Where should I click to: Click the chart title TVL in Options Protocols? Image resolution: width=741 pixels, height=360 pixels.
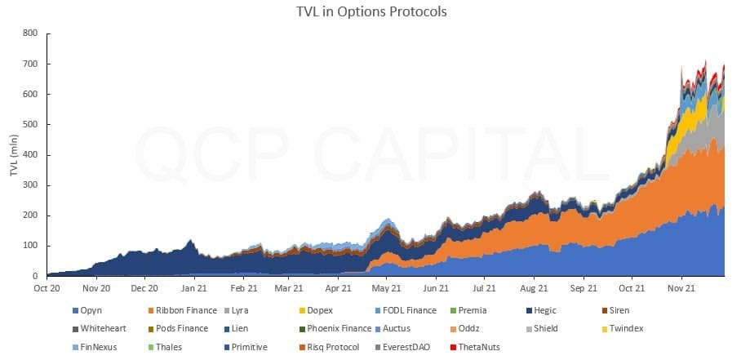pos(370,12)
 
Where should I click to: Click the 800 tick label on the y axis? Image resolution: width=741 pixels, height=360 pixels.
pos(30,33)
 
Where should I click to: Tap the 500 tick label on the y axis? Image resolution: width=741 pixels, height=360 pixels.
pos(30,125)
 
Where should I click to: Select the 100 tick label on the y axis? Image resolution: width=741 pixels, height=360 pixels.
pos(30,246)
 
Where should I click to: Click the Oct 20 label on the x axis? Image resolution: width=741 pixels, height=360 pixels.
pos(47,288)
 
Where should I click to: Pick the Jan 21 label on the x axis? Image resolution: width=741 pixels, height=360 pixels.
pos(193,288)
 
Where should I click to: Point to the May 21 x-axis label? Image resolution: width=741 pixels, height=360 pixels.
pos(387,288)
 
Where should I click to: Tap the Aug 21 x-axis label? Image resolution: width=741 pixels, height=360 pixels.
pos(533,288)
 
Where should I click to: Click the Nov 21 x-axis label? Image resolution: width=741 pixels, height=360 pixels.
pos(681,288)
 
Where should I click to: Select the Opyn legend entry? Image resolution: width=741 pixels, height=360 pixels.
pos(91,310)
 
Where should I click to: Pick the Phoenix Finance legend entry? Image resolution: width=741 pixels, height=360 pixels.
pos(339,328)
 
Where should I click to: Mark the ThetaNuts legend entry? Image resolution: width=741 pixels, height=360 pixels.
pos(479,346)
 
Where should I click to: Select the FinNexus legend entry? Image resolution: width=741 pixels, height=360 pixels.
pos(97,346)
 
